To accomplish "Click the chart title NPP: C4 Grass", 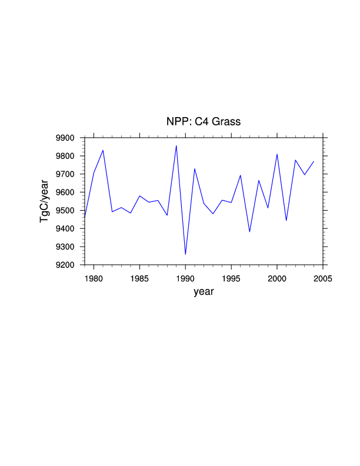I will [x=204, y=122].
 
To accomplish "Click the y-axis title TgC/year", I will [x=44, y=201].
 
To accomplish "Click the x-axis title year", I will [x=204, y=292].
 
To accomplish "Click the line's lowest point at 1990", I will [x=185, y=254].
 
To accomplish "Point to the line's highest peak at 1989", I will [x=176, y=146].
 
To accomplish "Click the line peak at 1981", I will [x=103, y=150].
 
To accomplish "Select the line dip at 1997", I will [x=249, y=232].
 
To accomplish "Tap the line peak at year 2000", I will [x=277, y=154].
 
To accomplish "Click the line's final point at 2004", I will [x=314, y=161].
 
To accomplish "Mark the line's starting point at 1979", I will [x=85, y=218].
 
